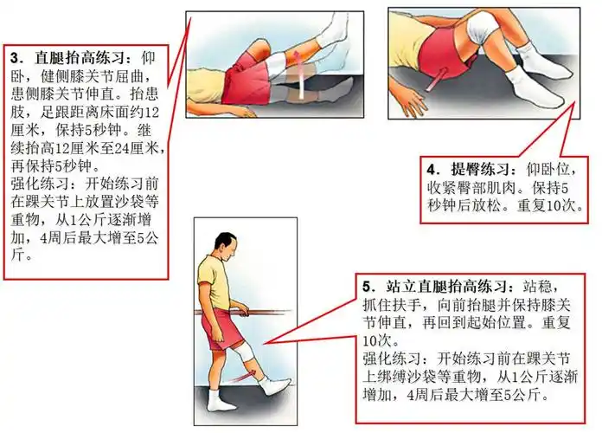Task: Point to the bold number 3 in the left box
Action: tap(15, 59)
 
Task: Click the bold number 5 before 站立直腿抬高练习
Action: tap(368, 285)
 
